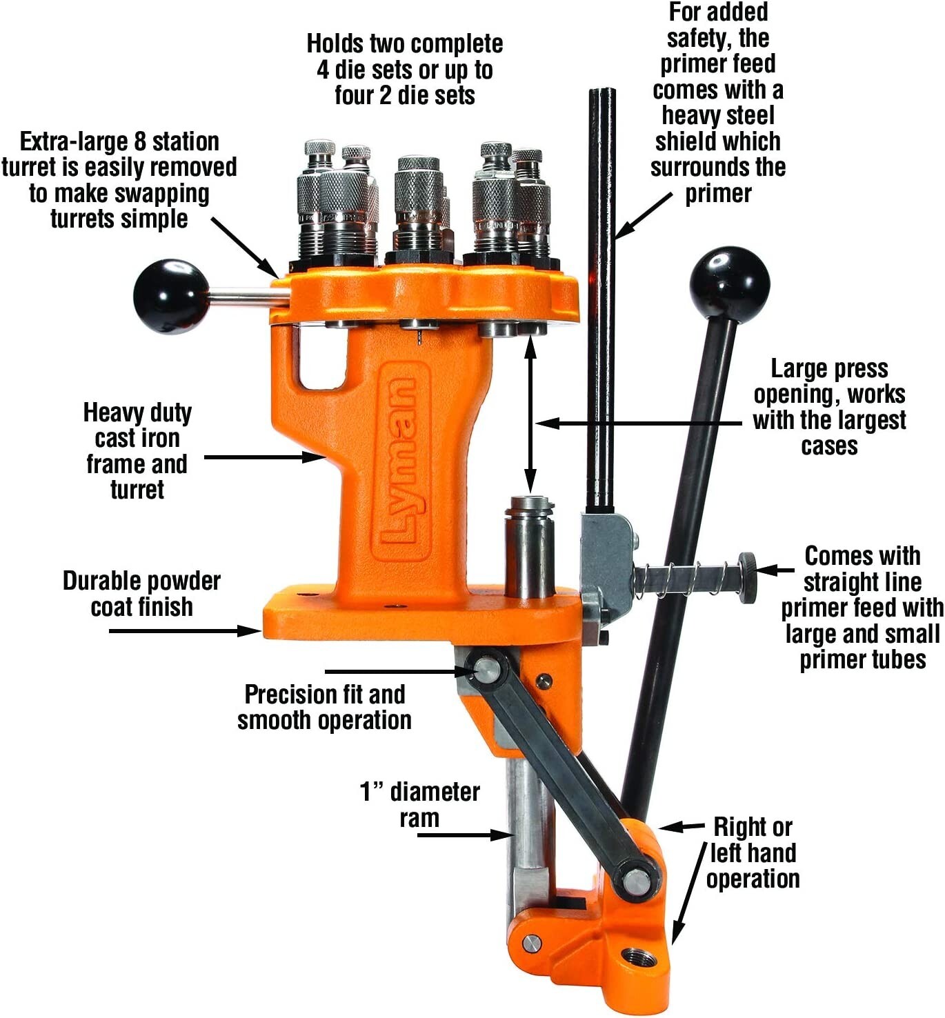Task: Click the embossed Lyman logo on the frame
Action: [x=401, y=461]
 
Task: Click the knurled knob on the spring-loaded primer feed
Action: [x=747, y=570]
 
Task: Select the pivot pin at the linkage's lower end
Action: [x=635, y=881]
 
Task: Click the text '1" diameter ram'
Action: [x=419, y=804]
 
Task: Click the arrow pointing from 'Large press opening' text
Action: [x=641, y=422]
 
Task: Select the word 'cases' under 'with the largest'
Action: [x=829, y=446]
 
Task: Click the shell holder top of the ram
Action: [x=529, y=503]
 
